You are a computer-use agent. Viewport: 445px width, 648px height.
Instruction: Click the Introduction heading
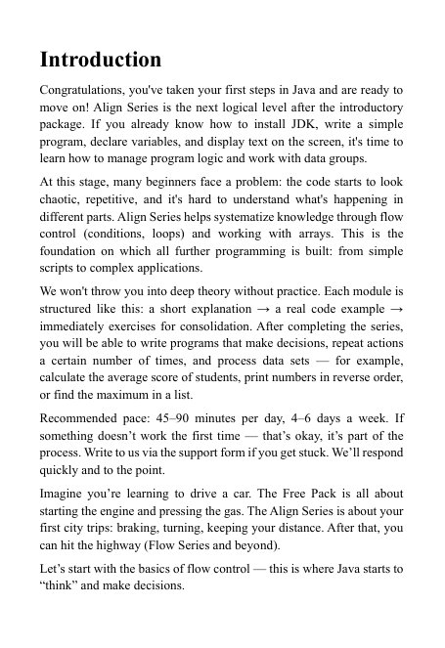tap(101, 61)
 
